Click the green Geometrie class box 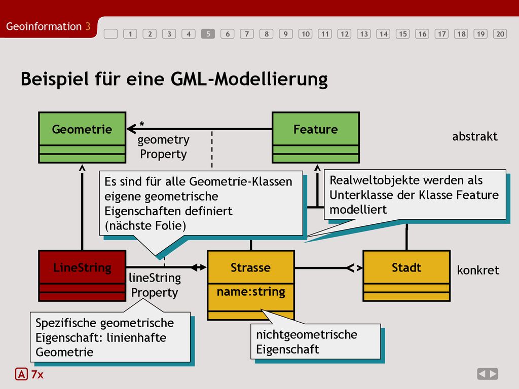pos(82,137)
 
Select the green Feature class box pos(316,137)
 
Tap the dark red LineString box pos(82,276)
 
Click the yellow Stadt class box pos(406,276)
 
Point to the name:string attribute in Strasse pos(251,292)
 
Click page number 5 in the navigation pos(208,34)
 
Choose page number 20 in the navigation pos(500,34)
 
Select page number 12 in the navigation pos(344,34)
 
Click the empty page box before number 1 pos(110,34)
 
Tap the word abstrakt pos(474,136)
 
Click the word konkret pos(478,270)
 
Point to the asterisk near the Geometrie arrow pos(142,124)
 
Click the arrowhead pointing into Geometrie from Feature pos(132,129)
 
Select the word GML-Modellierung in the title pos(249,80)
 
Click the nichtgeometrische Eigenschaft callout pos(315,341)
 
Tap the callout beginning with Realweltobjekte pos(415,194)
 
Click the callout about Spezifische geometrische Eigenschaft pos(110,337)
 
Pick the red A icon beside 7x pos(21,374)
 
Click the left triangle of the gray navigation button pos(483,374)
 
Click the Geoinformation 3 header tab pos(48,26)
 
